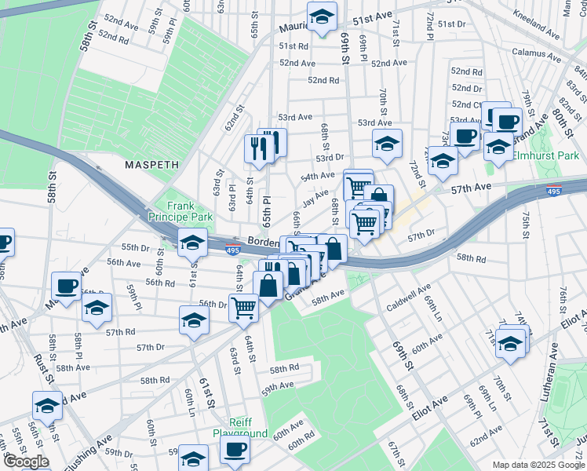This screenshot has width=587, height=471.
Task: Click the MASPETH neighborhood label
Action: click(152, 166)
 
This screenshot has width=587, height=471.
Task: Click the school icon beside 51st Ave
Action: click(321, 17)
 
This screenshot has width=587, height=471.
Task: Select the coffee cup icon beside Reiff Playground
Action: click(235, 451)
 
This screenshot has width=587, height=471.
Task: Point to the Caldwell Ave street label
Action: click(407, 300)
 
